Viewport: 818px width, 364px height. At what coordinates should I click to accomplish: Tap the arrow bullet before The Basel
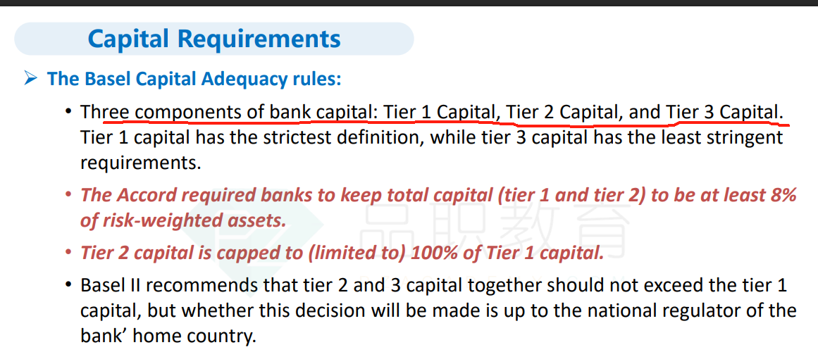31,80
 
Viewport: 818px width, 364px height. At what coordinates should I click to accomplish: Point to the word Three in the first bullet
106,112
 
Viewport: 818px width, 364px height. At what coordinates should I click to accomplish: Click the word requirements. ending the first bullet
140,163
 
